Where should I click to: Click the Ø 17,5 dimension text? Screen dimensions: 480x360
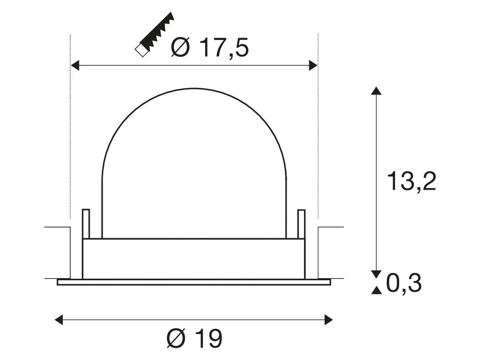coord(210,48)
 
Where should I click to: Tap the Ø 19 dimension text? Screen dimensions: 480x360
coord(194,338)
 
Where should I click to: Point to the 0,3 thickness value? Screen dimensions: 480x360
coord(404,284)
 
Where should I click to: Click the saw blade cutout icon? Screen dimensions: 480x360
coord(154,34)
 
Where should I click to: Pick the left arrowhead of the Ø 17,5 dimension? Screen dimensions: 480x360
coord(75,65)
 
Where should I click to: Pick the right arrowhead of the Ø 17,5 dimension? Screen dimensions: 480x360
coord(313,65)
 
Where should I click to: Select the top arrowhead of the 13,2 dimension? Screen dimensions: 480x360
coord(376,91)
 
